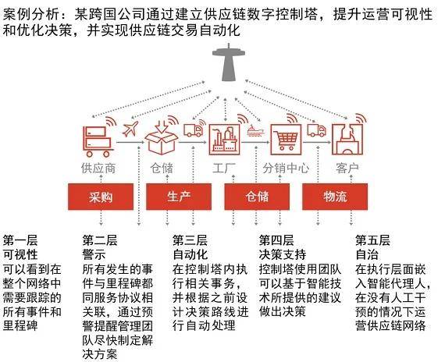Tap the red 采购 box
[x=101, y=197]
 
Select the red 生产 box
[x=179, y=197]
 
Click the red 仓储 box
[x=257, y=197]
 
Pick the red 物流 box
[x=335, y=197]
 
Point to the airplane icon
[x=130, y=129]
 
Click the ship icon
[x=256, y=130]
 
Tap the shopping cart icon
[x=286, y=140]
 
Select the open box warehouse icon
[x=161, y=137]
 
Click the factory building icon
[x=224, y=140]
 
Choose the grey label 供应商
[x=98, y=168]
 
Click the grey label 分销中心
[x=286, y=168]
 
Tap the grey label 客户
[x=347, y=168]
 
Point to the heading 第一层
[x=20, y=240]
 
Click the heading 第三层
[x=190, y=240]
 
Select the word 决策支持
[x=283, y=254]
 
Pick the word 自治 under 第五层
[x=367, y=254]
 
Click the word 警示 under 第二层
[x=94, y=254]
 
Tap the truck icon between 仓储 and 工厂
[x=194, y=130]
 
